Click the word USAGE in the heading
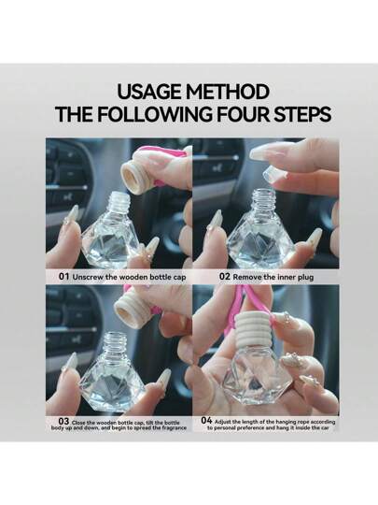pos(149,92)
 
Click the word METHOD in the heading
pos(227,92)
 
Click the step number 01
pos(64,276)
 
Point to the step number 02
pos(225,276)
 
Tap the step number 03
pos(63,421)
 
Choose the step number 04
pos(206,420)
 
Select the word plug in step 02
pos(305,278)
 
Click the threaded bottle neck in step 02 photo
pos(263,200)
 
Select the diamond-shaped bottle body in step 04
pos(258,379)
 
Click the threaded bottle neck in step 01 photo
pos(119,203)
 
